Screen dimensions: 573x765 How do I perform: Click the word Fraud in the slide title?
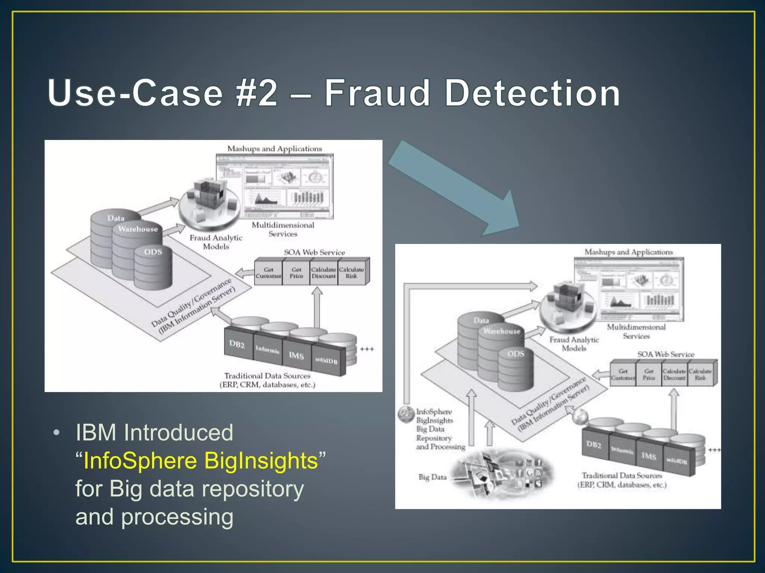[x=377, y=93]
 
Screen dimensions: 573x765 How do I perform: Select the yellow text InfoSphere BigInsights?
[x=201, y=461]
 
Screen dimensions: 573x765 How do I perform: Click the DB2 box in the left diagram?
[x=237, y=344]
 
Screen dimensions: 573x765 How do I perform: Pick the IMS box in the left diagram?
[x=296, y=356]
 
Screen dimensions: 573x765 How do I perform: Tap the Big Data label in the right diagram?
[x=432, y=477]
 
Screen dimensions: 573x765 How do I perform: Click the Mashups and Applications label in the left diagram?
[x=275, y=149]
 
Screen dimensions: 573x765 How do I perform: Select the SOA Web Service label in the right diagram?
[x=666, y=354]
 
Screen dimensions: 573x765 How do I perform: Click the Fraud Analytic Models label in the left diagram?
[x=216, y=242]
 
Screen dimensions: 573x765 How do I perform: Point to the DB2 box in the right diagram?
[x=594, y=445]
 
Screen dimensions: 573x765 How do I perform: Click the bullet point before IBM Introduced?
[x=56, y=433]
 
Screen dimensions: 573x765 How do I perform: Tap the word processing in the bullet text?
[x=177, y=517]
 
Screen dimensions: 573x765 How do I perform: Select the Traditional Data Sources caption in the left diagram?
[x=267, y=380]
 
